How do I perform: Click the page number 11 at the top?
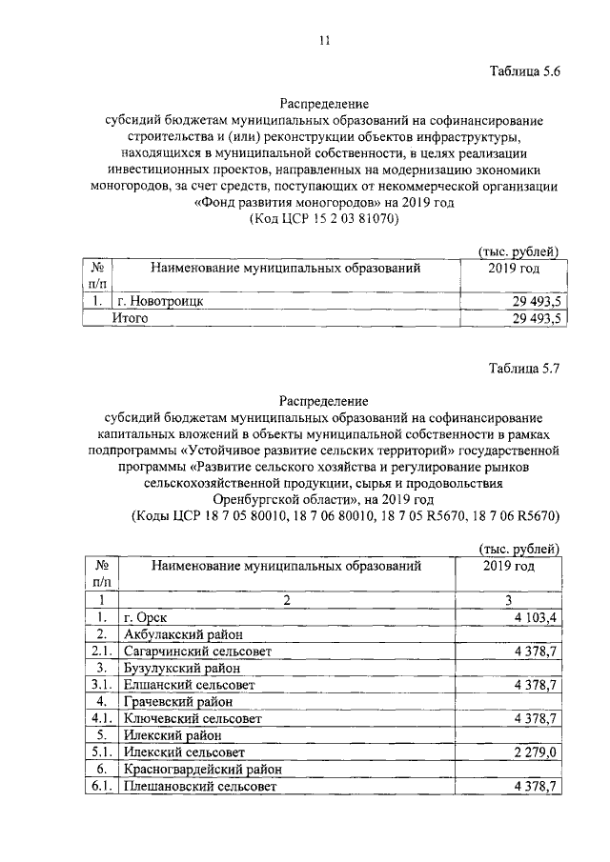pos(324,39)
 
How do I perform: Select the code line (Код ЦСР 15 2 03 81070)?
pos(323,218)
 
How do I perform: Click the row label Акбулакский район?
pos(183,634)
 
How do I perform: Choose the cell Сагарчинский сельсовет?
pos(197,652)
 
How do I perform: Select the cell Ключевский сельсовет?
pos(192,719)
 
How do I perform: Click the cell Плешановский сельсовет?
pos(199,787)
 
